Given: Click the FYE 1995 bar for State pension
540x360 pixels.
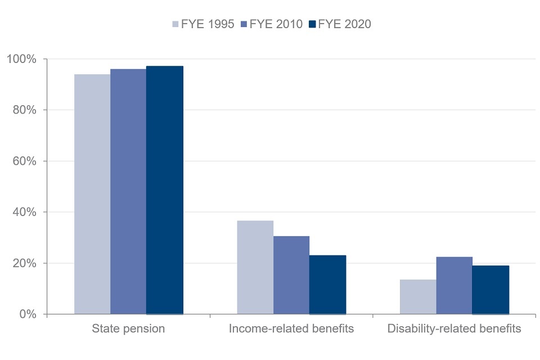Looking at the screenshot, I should tap(92, 194).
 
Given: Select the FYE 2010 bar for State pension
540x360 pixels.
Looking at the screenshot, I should tap(128, 191).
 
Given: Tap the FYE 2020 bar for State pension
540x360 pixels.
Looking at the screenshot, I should tap(164, 190).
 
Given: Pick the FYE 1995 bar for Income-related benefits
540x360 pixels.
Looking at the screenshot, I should tap(255, 267).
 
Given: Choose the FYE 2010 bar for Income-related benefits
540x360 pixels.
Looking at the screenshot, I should tap(291, 275).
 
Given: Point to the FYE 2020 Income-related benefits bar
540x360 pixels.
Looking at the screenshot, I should tap(327, 285).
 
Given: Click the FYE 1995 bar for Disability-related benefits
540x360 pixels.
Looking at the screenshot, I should tap(418, 296).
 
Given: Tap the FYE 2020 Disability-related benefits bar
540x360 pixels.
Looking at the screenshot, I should tap(490, 290).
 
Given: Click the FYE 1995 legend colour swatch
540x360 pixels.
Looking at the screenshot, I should tap(175, 24).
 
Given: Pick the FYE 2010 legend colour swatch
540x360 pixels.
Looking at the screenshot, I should tap(244, 24).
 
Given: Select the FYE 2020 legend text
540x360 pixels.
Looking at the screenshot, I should tap(345, 24).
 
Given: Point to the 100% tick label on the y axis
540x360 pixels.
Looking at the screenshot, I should tap(21, 59).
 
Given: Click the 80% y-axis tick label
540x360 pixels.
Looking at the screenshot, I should tap(24, 110).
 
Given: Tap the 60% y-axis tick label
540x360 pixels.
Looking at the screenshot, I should tap(24, 161).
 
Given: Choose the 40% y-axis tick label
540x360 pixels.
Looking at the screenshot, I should tap(24, 212).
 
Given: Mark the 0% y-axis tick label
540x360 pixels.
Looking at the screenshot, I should tap(27, 314).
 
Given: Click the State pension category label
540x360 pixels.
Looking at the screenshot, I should tap(128, 328).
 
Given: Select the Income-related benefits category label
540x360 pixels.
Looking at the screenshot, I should tap(291, 328).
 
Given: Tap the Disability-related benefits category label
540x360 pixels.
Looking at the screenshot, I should tap(454, 328).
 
